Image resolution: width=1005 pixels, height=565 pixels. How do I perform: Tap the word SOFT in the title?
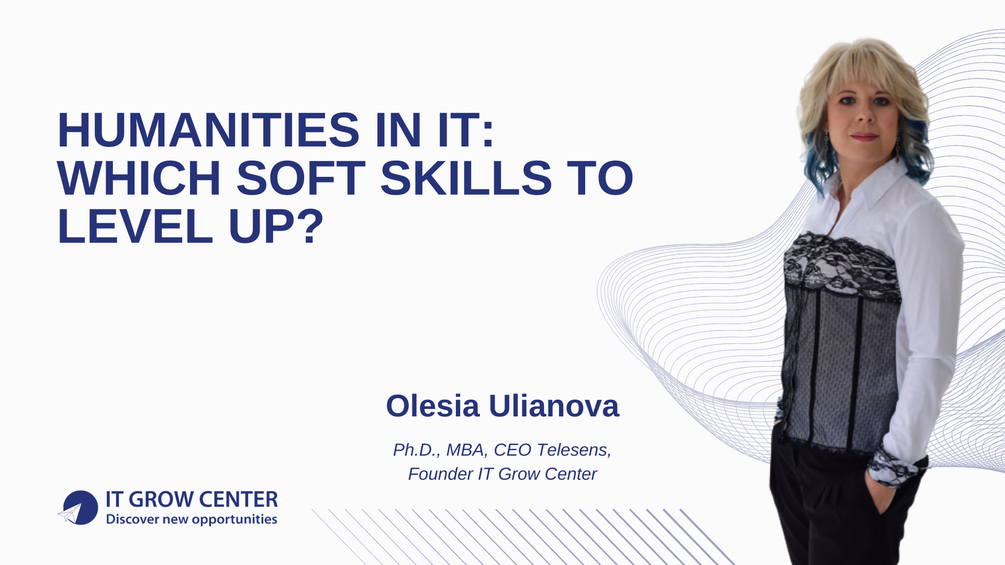[x=300, y=178]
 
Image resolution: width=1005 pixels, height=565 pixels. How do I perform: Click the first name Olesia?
[x=432, y=406]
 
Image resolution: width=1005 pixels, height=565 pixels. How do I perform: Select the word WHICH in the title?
[x=139, y=178]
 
